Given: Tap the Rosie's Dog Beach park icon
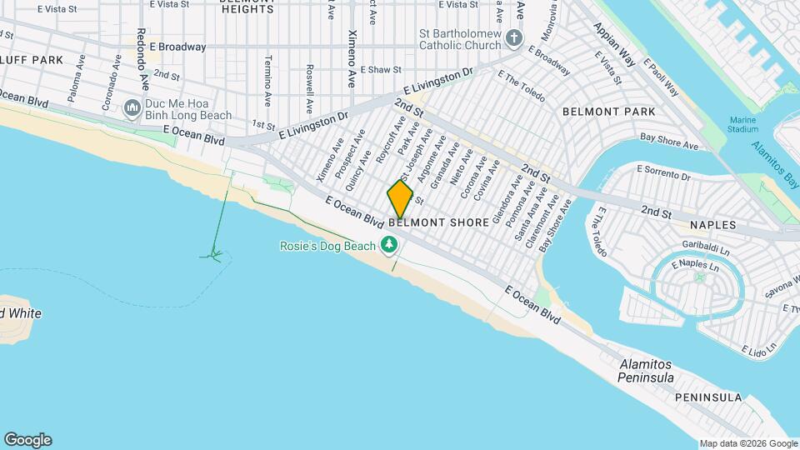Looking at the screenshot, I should pos(388,245).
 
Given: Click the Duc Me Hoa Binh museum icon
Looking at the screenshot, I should pos(131,107).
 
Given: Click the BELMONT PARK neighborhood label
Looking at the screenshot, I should pos(608,111).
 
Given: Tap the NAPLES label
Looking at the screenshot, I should pos(712,225).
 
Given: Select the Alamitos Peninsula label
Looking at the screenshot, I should pos(647,372).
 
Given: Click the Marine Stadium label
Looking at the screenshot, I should pos(742,124).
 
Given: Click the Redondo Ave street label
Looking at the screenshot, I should pos(142,60).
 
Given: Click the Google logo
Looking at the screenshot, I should pos(27,440).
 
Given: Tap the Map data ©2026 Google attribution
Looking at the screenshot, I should pos(747,443).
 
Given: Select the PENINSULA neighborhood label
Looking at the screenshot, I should pos(707,397).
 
